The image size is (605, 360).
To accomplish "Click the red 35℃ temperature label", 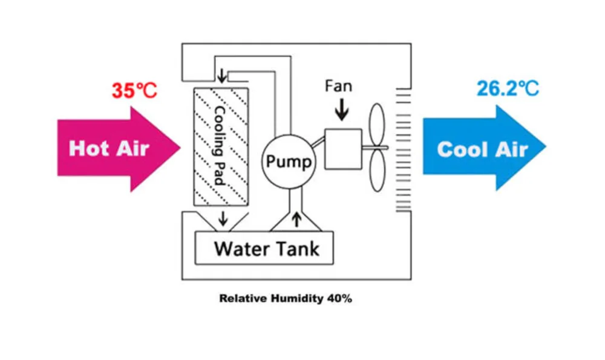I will point(134,91).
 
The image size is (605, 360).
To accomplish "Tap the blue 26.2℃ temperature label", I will point(507,89).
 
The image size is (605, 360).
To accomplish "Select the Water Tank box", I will point(264,248).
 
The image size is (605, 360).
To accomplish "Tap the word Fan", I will point(338,86).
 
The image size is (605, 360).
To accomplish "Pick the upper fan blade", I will point(377,125).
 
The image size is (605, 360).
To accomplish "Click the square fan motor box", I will point(343,148).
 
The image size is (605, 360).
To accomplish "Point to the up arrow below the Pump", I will point(296,219).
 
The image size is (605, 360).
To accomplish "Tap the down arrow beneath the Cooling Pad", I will point(223,218).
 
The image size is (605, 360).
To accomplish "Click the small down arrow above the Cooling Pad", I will point(222,77).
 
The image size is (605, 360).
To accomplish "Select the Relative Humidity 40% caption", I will point(285,299).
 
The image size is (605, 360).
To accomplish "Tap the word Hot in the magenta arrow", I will point(85,148).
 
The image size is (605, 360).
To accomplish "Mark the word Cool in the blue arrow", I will point(458,149).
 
